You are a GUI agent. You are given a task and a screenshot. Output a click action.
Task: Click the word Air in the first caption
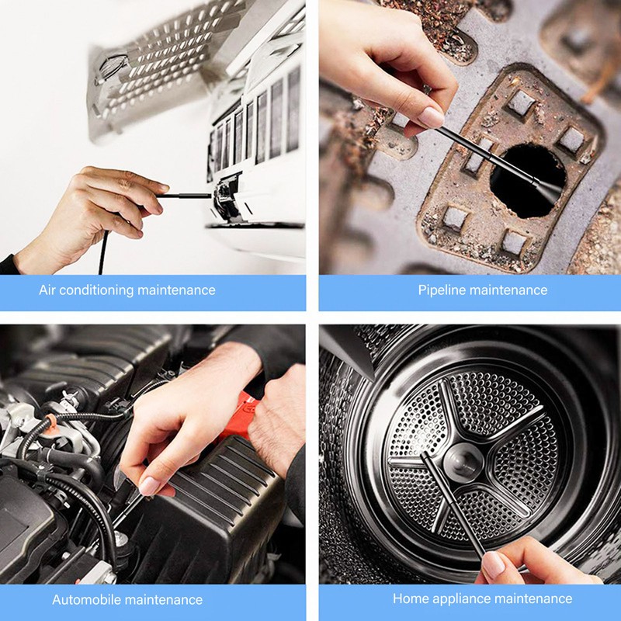pos(48,290)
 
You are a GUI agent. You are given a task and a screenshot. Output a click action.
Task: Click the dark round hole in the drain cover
pos(528,182)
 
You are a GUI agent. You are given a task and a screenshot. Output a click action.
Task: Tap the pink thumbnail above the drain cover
pos(431,116)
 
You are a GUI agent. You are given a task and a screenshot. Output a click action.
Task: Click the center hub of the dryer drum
pos(464,463)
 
